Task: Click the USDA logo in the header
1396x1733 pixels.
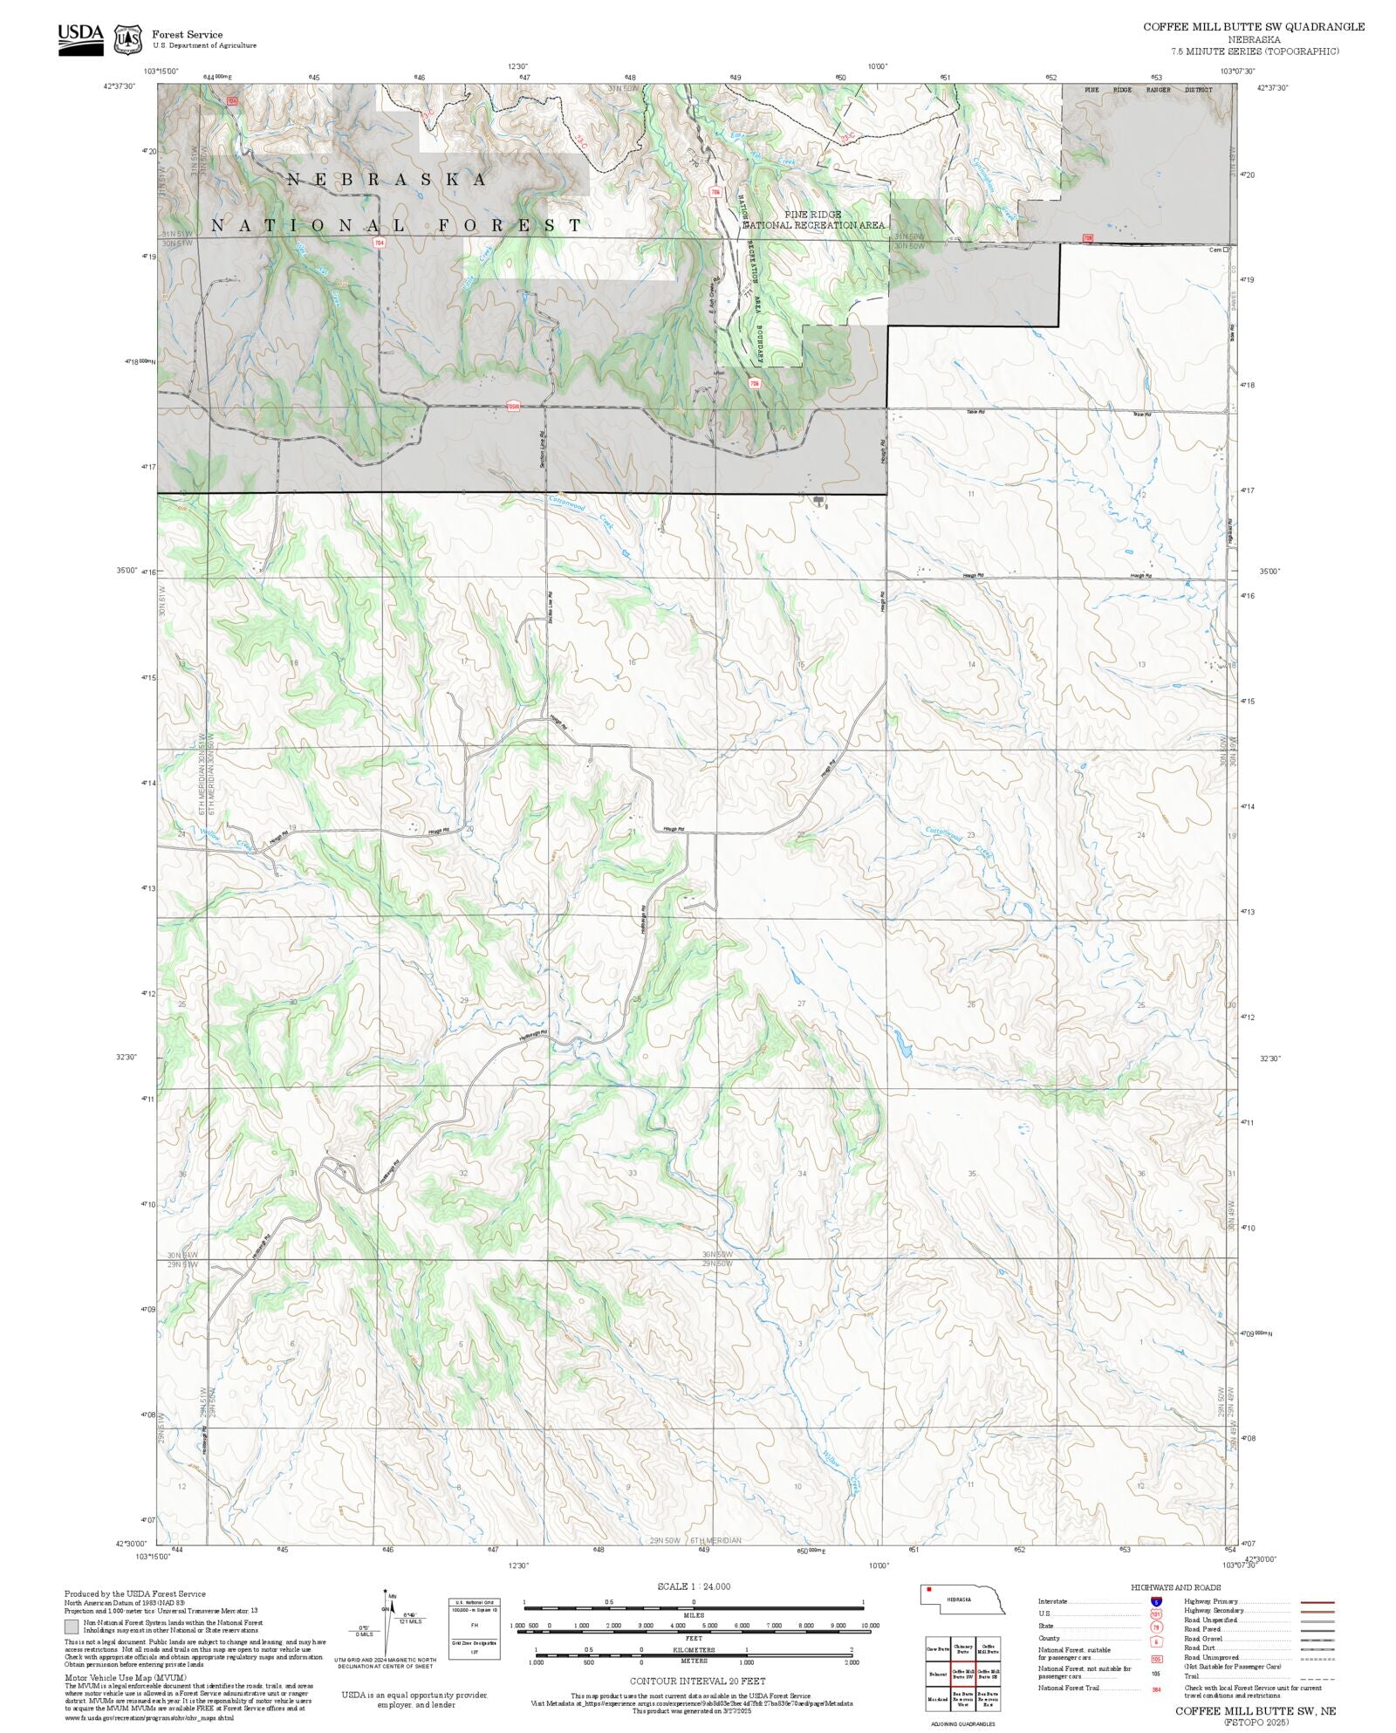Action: [x=80, y=38]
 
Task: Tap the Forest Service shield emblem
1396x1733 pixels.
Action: [x=128, y=39]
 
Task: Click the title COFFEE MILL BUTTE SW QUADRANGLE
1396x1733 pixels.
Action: [x=1254, y=27]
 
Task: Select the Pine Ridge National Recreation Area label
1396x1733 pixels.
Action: [x=812, y=219]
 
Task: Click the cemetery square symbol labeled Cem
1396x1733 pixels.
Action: [x=1226, y=250]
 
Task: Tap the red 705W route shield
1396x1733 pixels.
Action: [x=513, y=407]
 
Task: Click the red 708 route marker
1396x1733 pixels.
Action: [x=1087, y=237]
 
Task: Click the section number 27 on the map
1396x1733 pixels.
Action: [x=802, y=1003]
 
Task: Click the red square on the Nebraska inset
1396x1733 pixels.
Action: [x=929, y=1589]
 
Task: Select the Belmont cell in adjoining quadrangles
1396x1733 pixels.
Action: [x=937, y=1675]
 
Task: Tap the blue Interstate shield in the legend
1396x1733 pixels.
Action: [x=1156, y=1602]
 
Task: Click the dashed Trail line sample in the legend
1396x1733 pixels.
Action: [x=1317, y=1676]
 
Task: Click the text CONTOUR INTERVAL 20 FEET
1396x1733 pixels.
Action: [x=697, y=1680]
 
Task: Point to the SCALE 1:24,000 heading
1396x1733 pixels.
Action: [x=694, y=1586]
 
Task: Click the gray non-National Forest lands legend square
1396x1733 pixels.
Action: [x=72, y=1627]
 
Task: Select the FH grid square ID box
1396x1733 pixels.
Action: [x=475, y=1625]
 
